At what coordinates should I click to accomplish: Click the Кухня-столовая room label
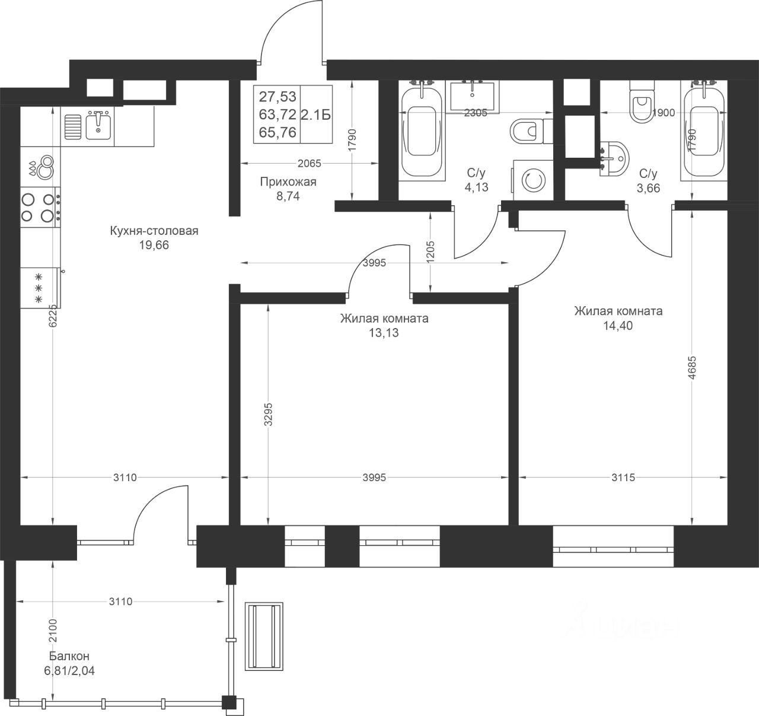coord(154,231)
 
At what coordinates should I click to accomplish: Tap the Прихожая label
coord(288,182)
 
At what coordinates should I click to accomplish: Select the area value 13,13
coord(384,333)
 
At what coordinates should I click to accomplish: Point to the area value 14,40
coord(618,326)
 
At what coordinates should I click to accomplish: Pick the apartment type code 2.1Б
coord(315,114)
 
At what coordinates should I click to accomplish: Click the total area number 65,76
coord(278,132)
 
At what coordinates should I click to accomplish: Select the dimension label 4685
coord(693,368)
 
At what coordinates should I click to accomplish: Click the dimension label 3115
coord(623,478)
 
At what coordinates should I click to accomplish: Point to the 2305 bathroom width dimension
coord(476,113)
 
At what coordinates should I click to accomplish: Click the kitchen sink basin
coord(98,126)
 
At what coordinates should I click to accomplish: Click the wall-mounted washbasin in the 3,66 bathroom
coord(614,159)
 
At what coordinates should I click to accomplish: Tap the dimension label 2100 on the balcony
coord(53,631)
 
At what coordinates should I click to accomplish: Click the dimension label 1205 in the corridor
coord(430,252)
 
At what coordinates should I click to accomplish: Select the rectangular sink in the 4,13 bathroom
coord(473,97)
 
